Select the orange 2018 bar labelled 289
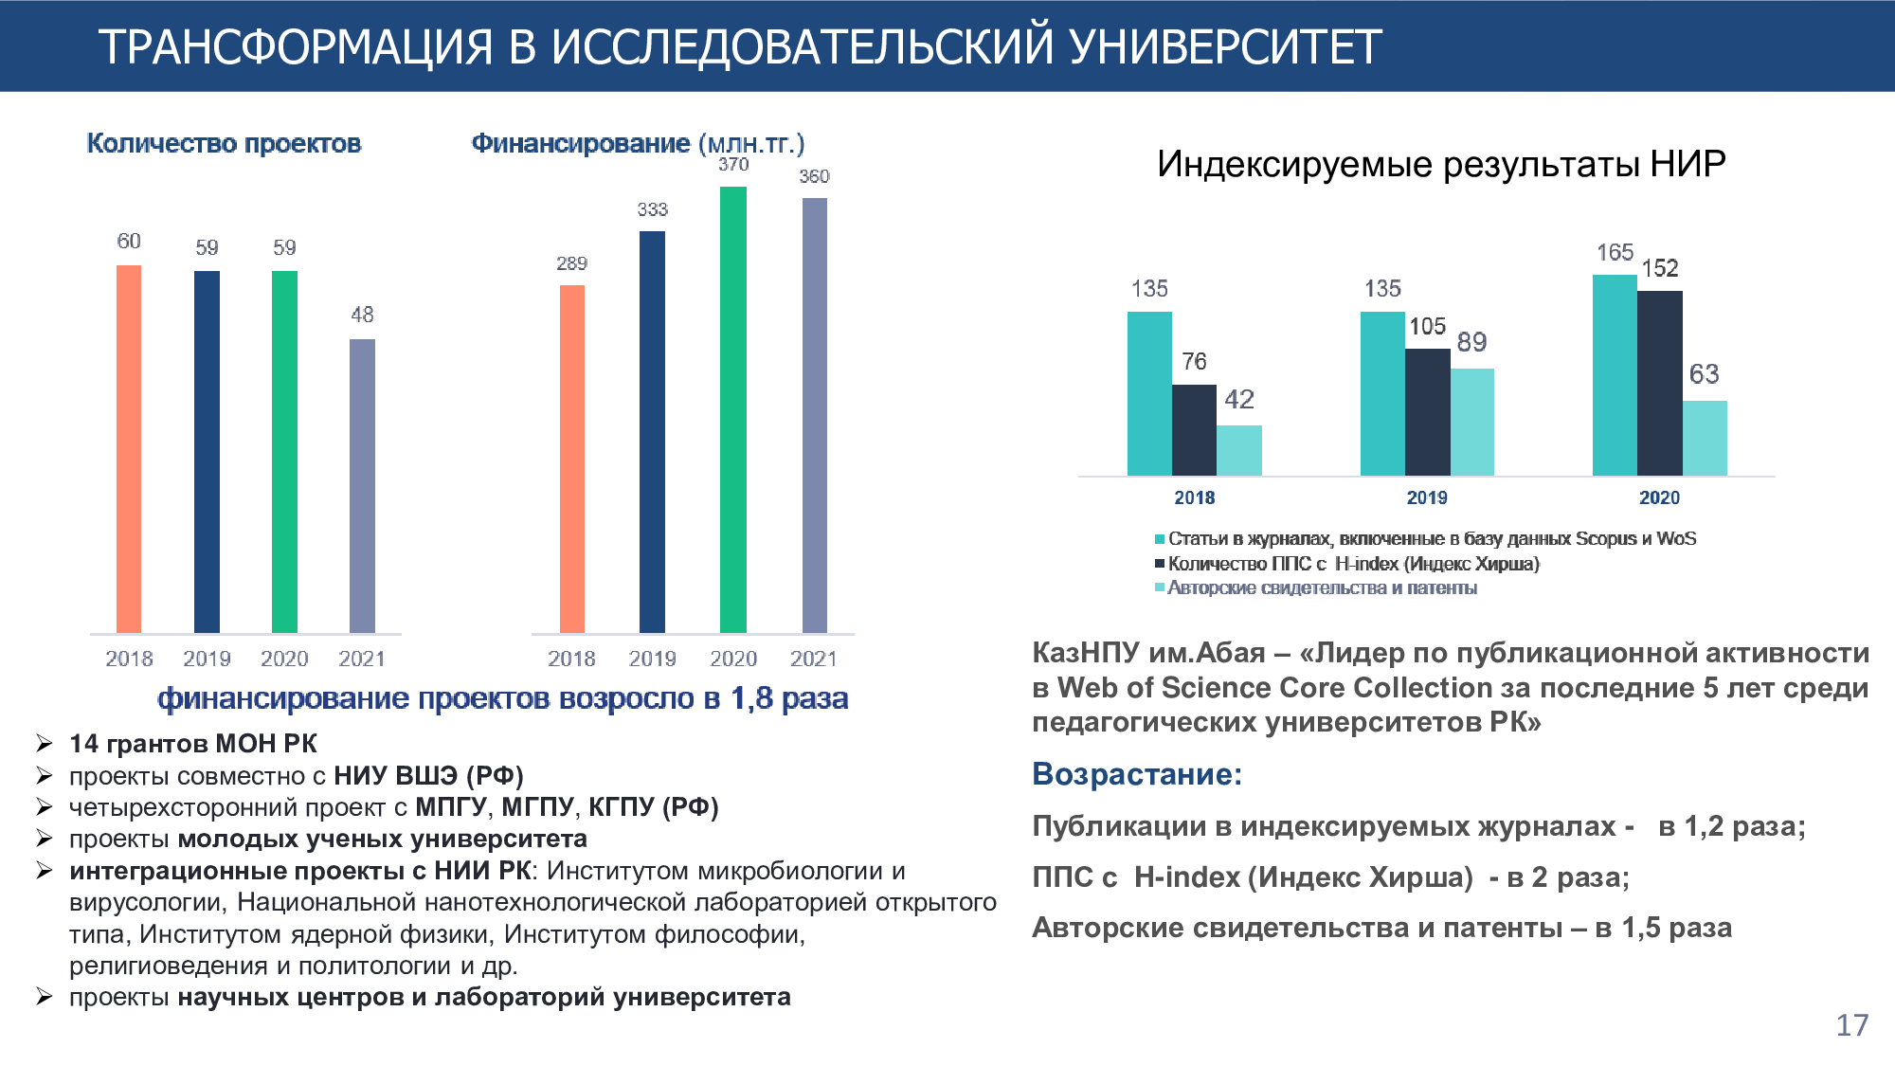(x=572, y=459)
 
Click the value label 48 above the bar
(x=362, y=315)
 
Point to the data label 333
(x=652, y=209)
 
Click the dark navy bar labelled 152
(x=1660, y=383)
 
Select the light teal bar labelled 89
(x=1471, y=422)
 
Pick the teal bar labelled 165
(x=1615, y=375)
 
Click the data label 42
(x=1239, y=400)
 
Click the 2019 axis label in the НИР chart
(x=1427, y=497)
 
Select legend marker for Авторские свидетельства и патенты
(x=1160, y=588)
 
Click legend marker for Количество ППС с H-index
(x=1160, y=564)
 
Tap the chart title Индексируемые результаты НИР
(x=1440, y=164)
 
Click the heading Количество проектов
(x=224, y=143)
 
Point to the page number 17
(x=1851, y=1025)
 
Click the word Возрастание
(x=1136, y=774)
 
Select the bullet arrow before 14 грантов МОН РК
(x=45, y=743)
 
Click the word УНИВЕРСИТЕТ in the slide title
(x=1226, y=47)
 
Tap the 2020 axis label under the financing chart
(x=733, y=659)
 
